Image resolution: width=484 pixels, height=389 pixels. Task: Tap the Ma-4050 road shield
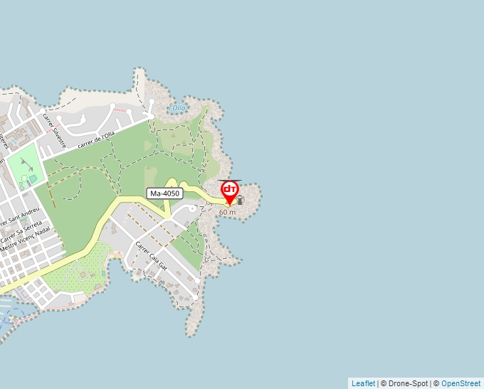[165, 193]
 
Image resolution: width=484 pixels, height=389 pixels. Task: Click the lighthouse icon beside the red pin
[240, 200]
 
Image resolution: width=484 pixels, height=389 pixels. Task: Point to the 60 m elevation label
[227, 213]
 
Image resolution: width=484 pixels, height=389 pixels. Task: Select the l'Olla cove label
[177, 108]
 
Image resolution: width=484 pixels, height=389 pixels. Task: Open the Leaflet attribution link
[363, 383]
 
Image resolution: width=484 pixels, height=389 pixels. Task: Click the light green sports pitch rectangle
[25, 165]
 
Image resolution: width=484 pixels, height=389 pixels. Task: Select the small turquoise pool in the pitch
[33, 178]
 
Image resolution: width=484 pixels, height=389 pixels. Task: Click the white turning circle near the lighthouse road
[192, 208]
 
